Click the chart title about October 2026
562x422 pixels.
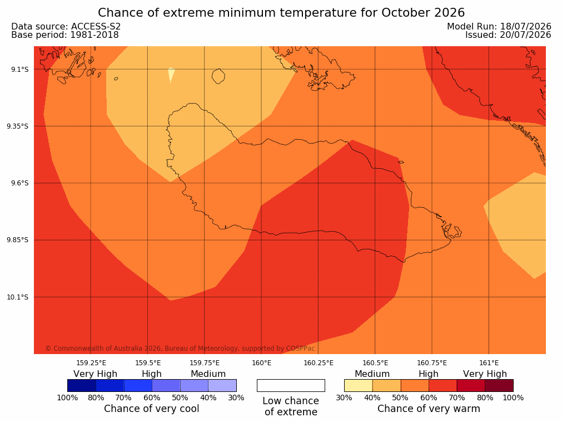point(281,13)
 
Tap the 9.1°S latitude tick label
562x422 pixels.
point(20,69)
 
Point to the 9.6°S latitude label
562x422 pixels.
point(20,183)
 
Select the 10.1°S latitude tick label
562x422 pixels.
point(19,297)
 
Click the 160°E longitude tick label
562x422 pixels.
point(262,363)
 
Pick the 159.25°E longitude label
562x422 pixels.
point(91,363)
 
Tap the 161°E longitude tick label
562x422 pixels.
point(489,363)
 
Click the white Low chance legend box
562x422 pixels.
point(291,385)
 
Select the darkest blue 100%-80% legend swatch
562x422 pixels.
point(82,385)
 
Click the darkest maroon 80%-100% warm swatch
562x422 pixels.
point(499,385)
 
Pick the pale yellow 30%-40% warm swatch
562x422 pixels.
point(359,385)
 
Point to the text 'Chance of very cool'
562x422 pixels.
point(152,409)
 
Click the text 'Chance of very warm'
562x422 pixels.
point(429,409)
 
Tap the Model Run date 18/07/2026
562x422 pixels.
point(526,27)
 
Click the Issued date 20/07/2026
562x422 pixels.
point(526,35)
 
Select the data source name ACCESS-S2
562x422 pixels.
point(96,27)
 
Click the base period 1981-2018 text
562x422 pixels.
point(95,35)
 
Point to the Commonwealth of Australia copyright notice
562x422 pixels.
point(180,348)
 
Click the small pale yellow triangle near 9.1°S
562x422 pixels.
point(171,74)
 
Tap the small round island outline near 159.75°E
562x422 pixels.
point(218,76)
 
